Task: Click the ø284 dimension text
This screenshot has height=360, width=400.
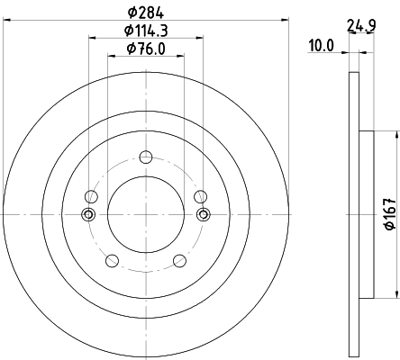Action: tap(145, 13)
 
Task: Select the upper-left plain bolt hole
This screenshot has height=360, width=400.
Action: tap(90, 196)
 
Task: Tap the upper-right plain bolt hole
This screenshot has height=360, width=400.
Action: tap(200, 196)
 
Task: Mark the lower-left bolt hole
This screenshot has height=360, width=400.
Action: tap(112, 261)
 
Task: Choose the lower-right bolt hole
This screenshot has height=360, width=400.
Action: tap(178, 261)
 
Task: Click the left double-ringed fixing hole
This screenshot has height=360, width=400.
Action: tap(88, 214)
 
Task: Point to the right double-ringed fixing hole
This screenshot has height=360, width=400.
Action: tap(203, 214)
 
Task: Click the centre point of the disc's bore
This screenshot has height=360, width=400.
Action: tap(145, 213)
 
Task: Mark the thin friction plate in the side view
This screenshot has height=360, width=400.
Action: tap(351, 214)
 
